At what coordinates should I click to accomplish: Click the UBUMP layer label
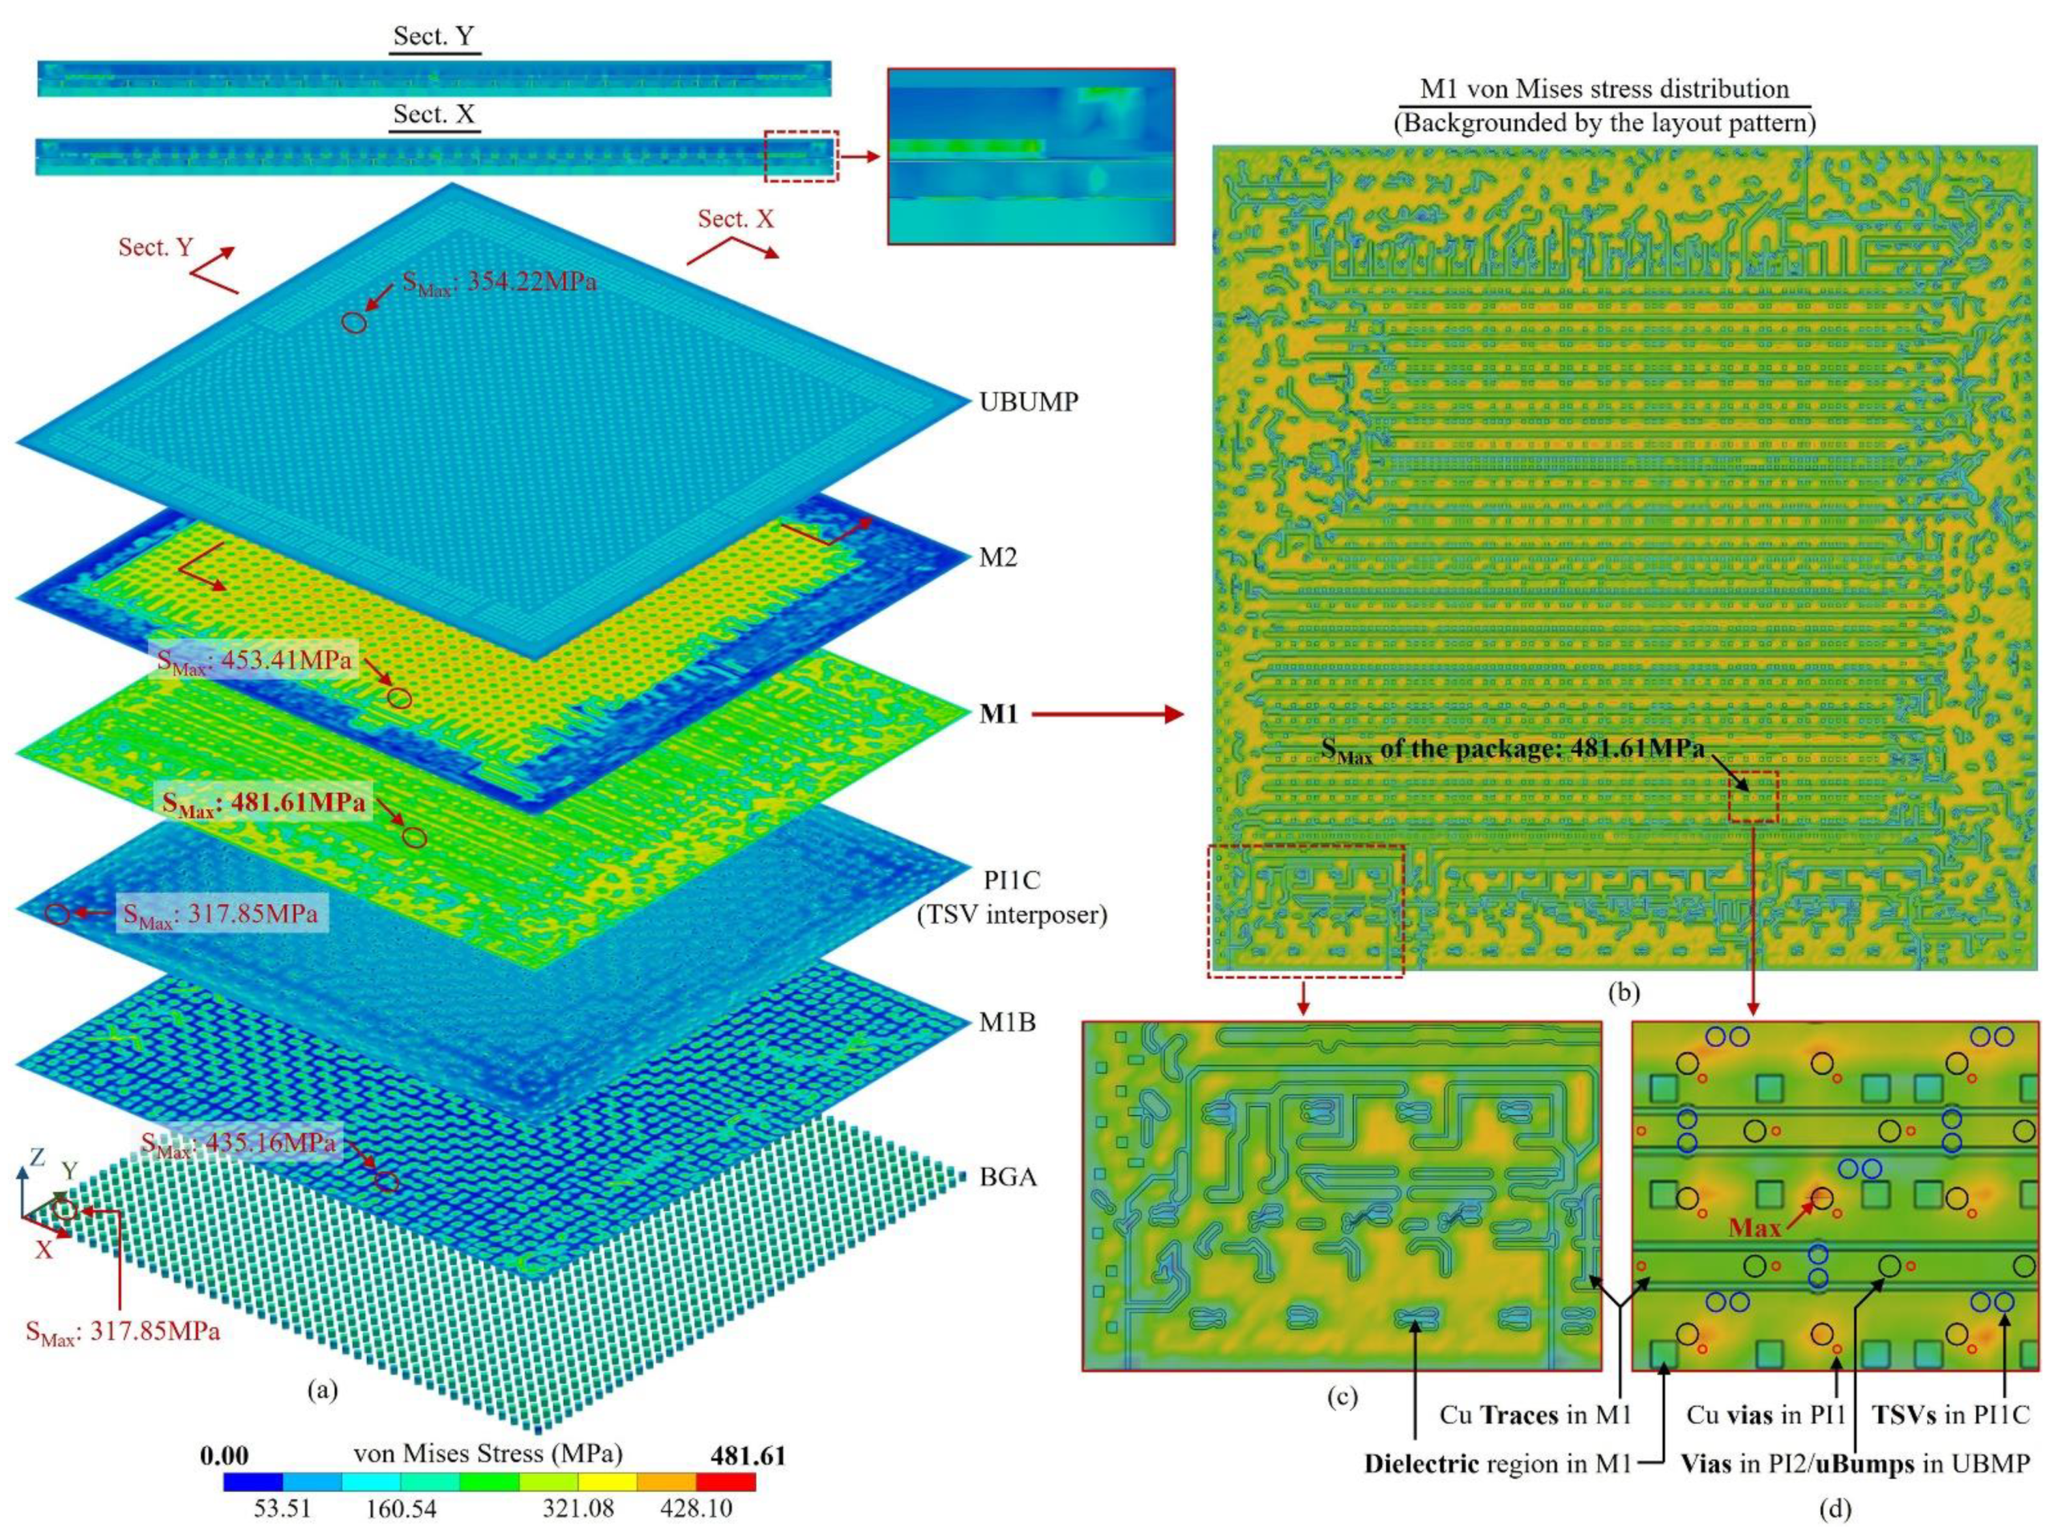click(x=1028, y=402)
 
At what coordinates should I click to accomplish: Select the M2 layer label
click(x=997, y=558)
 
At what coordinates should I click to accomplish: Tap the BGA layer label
click(x=1007, y=1177)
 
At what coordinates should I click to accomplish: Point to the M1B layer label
click(x=1006, y=1023)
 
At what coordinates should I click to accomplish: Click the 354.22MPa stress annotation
click(x=499, y=281)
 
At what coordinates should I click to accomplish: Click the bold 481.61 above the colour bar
click(x=748, y=1455)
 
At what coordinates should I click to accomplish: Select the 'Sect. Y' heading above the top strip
click(x=434, y=36)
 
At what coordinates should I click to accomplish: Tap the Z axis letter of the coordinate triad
click(x=36, y=1159)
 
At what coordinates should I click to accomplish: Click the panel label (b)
click(x=1623, y=993)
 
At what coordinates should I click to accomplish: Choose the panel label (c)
click(x=1341, y=1396)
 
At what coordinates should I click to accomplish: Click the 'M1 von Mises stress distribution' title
click(x=1604, y=89)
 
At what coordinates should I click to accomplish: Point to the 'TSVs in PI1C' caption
click(x=1950, y=1415)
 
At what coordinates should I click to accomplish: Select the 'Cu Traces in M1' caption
click(x=1535, y=1415)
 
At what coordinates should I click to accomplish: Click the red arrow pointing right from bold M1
click(x=1106, y=714)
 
